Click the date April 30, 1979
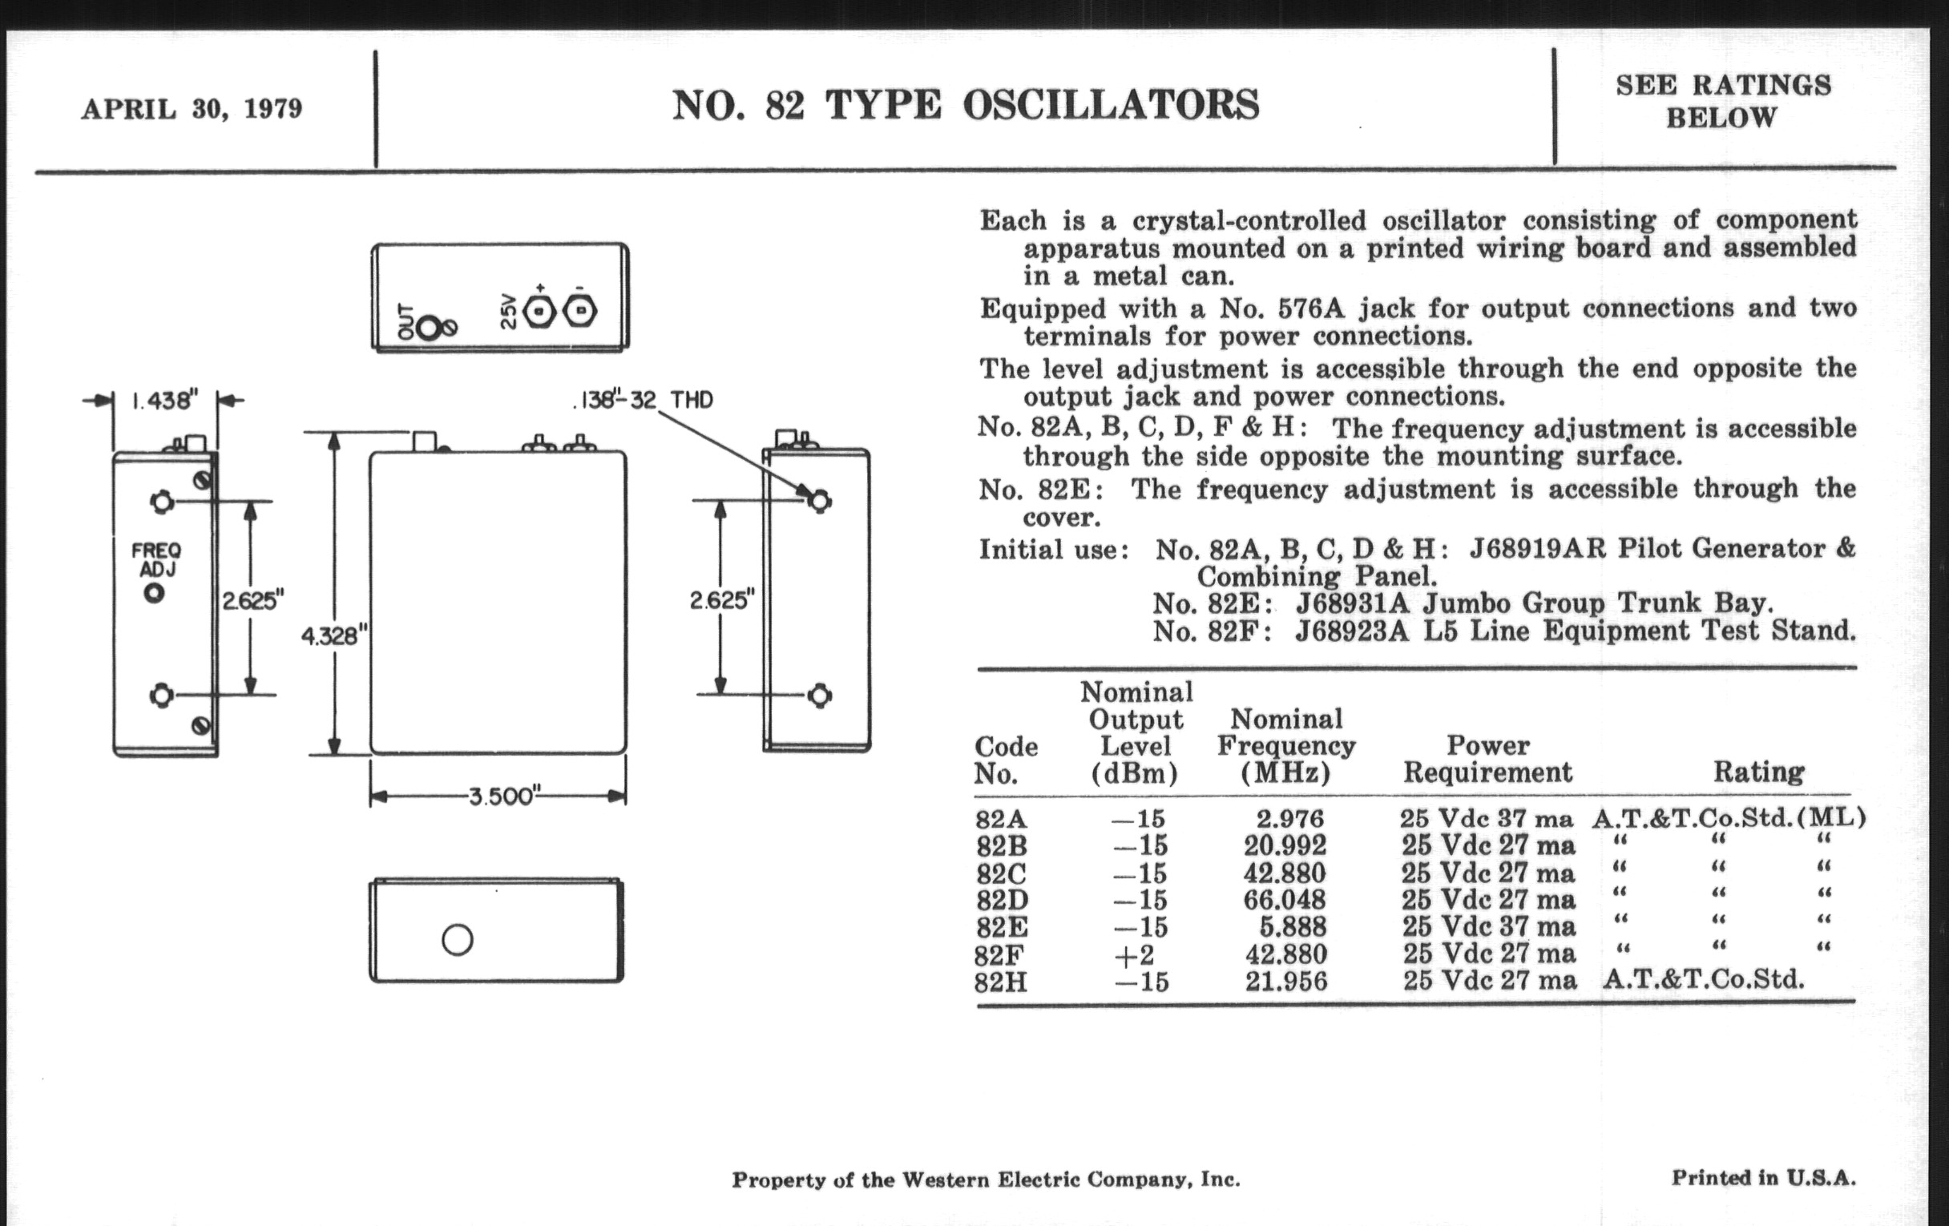[x=192, y=108]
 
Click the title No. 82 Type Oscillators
[x=965, y=106]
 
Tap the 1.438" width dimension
[x=165, y=401]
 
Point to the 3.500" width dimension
[x=502, y=796]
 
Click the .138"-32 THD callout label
[x=644, y=400]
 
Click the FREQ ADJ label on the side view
[x=156, y=559]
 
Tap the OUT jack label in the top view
[x=406, y=322]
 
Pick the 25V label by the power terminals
[x=508, y=313]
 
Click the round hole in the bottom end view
[x=458, y=939]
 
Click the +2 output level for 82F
[x=1134, y=955]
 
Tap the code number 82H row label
[x=1000, y=982]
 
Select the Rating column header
[x=1759, y=772]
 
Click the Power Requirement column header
[x=1487, y=758]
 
